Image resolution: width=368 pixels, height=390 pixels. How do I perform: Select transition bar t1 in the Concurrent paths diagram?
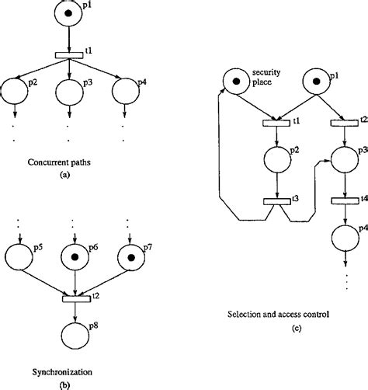[x=70, y=54]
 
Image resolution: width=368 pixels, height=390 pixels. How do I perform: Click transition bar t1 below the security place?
[x=276, y=122]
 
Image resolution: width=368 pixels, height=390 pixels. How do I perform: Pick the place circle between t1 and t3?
[x=276, y=162]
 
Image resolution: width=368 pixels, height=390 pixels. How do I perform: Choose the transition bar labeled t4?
[x=344, y=201]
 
